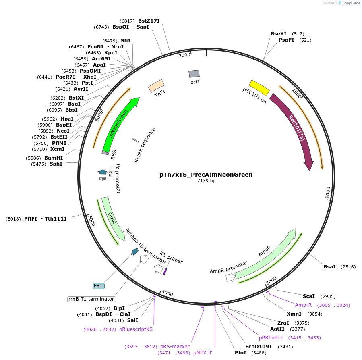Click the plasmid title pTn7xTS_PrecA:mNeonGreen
point(206,175)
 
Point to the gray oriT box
point(194,73)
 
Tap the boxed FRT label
point(99,286)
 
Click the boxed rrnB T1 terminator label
point(91,299)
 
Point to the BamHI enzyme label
point(54,158)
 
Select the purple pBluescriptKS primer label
point(136,329)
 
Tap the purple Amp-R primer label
point(303,305)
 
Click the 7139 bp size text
point(206,181)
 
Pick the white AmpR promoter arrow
point(230,277)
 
